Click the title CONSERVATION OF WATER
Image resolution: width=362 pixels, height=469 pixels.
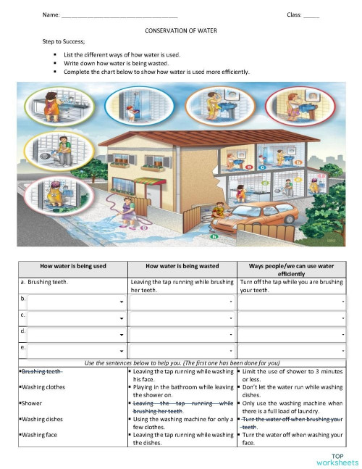[181, 31]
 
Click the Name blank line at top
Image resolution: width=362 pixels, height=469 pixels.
[119, 15]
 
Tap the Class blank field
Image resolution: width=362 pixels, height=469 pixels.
[311, 15]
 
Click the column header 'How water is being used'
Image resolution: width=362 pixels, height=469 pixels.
[73, 266]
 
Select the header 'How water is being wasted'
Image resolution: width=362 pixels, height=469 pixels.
[182, 266]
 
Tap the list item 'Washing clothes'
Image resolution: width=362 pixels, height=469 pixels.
[43, 387]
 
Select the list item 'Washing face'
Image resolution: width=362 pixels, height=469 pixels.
[41, 435]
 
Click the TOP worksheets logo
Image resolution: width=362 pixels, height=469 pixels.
[338, 459]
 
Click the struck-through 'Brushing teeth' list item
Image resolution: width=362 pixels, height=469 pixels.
[41, 371]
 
